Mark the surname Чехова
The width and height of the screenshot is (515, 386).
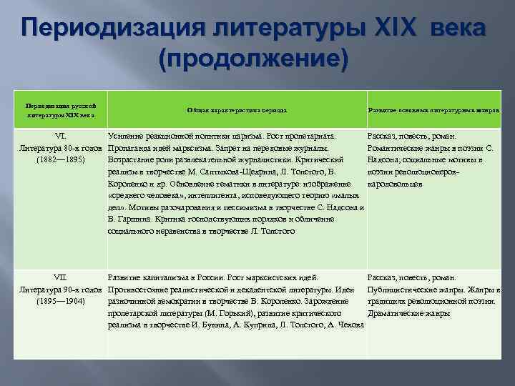(348, 325)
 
